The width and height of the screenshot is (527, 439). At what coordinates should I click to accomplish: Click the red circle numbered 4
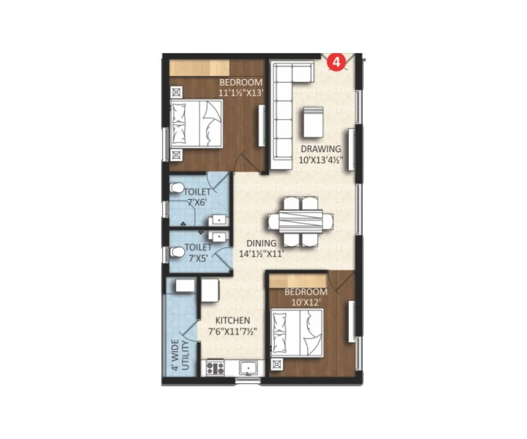click(336, 62)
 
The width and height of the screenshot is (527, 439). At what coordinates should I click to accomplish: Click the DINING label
click(261, 243)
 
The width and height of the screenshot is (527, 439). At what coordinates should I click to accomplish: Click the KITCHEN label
click(233, 320)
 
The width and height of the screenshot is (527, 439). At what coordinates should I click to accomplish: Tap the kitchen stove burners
click(215, 367)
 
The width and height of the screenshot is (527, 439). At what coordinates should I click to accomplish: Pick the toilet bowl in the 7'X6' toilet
click(177, 188)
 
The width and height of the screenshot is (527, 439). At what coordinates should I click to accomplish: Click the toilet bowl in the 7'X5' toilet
click(177, 252)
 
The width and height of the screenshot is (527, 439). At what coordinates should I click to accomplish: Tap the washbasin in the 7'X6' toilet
click(218, 220)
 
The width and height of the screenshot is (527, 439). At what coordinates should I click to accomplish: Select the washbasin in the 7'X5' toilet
click(218, 237)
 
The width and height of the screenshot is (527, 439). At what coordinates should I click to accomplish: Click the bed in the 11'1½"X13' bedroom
click(196, 122)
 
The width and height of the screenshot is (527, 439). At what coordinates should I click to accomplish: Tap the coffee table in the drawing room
click(313, 122)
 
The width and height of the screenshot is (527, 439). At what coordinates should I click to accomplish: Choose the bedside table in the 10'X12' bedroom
click(278, 364)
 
